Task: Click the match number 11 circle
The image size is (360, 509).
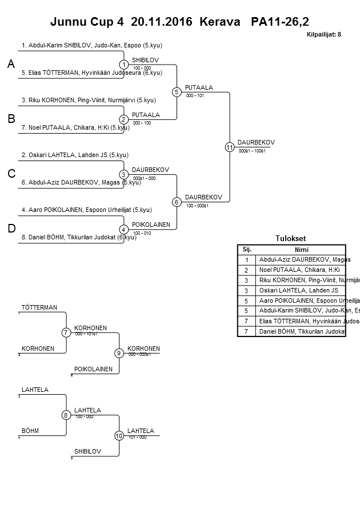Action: coord(230,147)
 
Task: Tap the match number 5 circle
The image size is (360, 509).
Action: coord(177,92)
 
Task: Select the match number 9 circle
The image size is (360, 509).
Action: coord(119,353)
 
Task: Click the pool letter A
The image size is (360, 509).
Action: coord(11,65)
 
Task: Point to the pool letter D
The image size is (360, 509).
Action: coord(11,229)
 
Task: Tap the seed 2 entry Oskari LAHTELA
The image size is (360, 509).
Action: coord(75,155)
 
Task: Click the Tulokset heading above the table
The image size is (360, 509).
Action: coord(291,239)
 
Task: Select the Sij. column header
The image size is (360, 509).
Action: coord(247,249)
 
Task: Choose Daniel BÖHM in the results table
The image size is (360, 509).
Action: coord(301,332)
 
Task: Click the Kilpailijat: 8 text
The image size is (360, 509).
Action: coord(323,35)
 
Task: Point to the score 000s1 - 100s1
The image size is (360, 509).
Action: coord(251,151)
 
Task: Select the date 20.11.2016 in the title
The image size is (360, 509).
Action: coord(162,22)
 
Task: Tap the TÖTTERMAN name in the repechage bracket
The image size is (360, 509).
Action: coord(39,307)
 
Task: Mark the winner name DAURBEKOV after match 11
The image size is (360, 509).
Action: coord(257,142)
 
